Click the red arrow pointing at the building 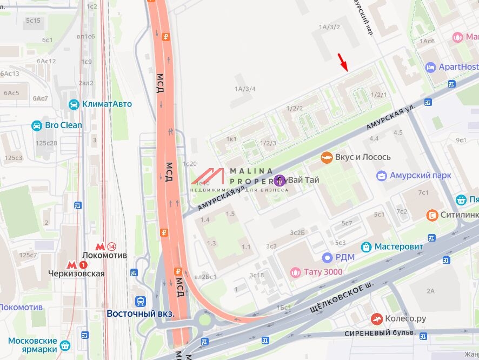tap(342, 62)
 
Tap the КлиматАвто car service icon tap(74, 104)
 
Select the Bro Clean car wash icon tap(37, 125)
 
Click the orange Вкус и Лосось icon tap(326, 157)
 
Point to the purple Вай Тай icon tap(281, 180)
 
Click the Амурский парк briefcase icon tap(382, 176)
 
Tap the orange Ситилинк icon tap(432, 215)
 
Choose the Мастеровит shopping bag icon tap(367, 246)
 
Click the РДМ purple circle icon tap(327, 257)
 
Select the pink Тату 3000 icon tap(295, 272)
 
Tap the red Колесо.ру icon tap(377, 319)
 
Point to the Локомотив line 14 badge tap(111, 246)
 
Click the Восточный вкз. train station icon tap(141, 302)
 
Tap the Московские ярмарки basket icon tap(65, 345)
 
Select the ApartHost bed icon tap(430, 67)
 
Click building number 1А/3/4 tap(245, 89)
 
